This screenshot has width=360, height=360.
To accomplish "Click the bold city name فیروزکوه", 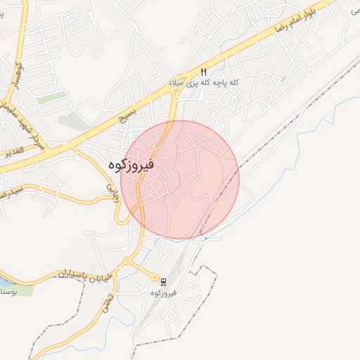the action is point(133,164).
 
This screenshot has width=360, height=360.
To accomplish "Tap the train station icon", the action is point(163,281).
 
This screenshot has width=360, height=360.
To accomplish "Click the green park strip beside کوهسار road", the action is point(51,98).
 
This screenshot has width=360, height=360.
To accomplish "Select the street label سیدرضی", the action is point(11,190).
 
